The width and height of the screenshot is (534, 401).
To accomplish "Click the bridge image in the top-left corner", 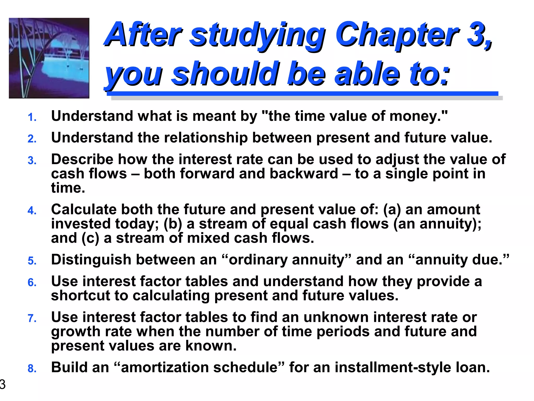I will [x=49, y=58].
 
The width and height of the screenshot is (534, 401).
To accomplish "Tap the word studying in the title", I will [x=257, y=35].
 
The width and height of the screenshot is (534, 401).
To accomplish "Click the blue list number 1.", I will [x=32, y=117].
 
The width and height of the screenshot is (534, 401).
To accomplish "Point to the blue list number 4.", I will [x=32, y=211].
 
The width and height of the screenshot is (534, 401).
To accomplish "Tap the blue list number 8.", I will [x=32, y=369].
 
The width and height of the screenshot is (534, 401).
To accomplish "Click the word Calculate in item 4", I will [x=83, y=209].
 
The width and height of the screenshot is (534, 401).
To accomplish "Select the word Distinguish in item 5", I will [x=91, y=260].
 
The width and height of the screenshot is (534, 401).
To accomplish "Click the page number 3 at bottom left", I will [x=2, y=384].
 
